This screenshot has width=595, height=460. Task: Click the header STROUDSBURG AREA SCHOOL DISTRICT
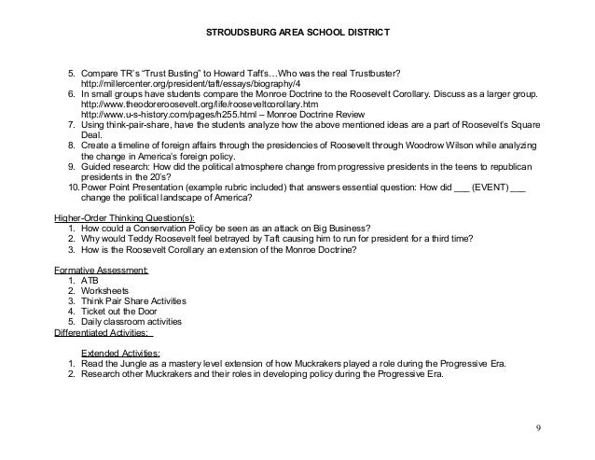coord(297,35)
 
